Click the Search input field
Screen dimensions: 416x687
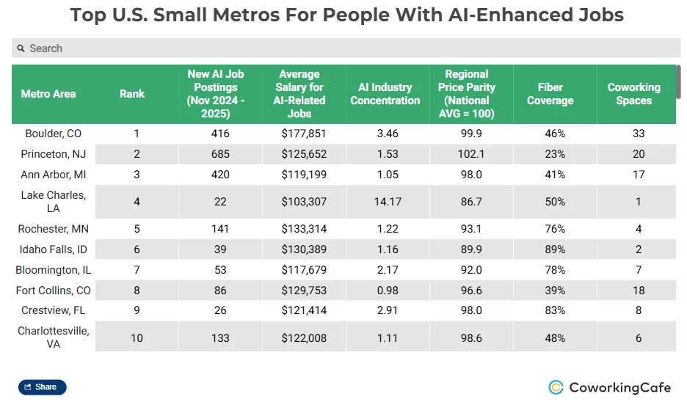point(345,48)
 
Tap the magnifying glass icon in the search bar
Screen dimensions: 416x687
point(21,48)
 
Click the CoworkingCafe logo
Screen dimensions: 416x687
point(609,387)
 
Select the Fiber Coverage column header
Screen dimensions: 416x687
point(550,94)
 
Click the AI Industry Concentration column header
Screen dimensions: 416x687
point(385,94)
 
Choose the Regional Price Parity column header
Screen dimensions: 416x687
point(466,94)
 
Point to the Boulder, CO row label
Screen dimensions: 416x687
point(53,134)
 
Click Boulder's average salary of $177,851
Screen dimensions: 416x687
point(303,134)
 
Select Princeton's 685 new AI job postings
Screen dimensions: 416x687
point(219,154)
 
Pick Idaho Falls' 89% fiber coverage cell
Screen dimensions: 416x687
point(555,249)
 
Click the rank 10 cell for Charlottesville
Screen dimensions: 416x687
point(136,338)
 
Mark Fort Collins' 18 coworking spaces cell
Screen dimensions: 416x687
point(639,291)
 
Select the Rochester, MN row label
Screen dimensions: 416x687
point(53,229)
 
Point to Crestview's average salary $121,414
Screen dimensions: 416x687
point(303,310)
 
